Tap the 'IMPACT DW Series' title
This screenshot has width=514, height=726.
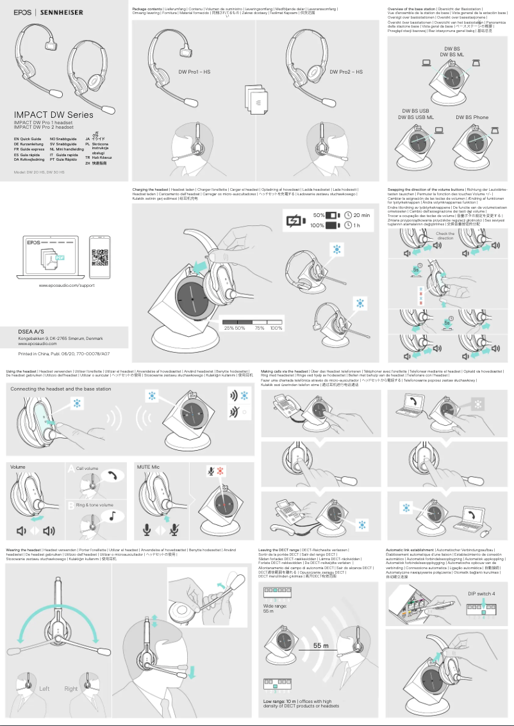coord(54,115)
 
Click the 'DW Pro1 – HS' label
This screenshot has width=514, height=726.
coord(194,72)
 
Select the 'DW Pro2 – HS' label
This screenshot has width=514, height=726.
coord(346,72)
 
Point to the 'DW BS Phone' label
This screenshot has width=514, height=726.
coord(472,117)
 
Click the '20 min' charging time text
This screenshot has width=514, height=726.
coord(361,215)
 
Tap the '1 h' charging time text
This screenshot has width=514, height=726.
coord(356,225)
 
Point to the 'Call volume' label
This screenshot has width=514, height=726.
coord(87,469)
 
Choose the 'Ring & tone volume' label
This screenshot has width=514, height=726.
coord(94,505)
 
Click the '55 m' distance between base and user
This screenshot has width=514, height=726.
coord(321,646)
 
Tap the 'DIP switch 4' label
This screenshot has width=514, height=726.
coord(481,593)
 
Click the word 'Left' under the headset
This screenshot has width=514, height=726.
coord(44,689)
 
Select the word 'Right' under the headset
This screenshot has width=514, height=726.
coord(71,689)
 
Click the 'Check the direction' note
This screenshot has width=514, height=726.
coord(445,236)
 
